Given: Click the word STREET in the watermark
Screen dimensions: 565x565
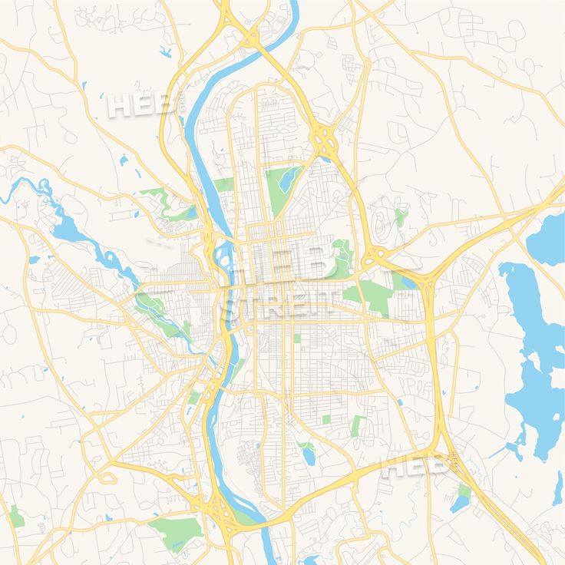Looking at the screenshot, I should pyautogui.click(x=278, y=305).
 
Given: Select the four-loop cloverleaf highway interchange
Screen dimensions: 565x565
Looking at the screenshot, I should pyautogui.click(x=325, y=140).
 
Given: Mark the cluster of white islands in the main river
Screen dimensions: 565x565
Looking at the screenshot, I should pyautogui.click(x=224, y=253).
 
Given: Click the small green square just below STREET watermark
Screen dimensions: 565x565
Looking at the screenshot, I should pyautogui.click(x=297, y=337).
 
